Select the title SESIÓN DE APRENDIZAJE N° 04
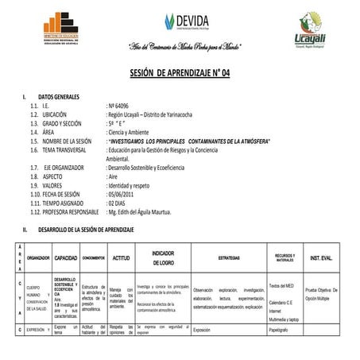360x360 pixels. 180,72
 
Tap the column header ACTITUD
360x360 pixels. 121,258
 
